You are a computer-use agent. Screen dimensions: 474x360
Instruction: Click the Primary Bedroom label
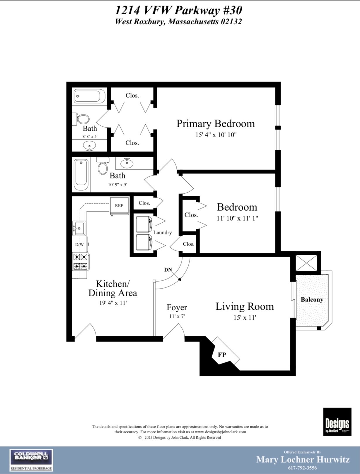tap(216, 124)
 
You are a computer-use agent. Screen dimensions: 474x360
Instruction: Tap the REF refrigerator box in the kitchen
tap(119, 206)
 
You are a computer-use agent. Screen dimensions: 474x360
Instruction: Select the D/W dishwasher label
tap(79, 244)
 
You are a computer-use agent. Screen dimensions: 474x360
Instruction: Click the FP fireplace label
tap(222, 355)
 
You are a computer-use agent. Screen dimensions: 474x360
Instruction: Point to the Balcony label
tap(312, 300)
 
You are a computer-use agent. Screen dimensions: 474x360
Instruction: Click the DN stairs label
tap(168, 270)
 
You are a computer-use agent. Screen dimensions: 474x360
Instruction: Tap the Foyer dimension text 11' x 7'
tap(177, 316)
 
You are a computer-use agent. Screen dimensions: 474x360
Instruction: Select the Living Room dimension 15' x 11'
tap(245, 318)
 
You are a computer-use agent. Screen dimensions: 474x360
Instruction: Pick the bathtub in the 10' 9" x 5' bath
tap(81, 175)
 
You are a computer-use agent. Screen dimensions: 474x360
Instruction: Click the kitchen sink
tap(79, 228)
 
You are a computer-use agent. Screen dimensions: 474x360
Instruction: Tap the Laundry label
tap(163, 233)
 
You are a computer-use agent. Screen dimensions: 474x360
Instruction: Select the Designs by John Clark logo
tap(337, 422)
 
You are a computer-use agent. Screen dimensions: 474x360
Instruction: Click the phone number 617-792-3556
tap(302, 468)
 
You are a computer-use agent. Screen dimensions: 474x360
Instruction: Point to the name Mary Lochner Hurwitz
tap(303, 459)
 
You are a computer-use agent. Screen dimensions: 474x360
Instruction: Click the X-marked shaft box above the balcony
tap(306, 263)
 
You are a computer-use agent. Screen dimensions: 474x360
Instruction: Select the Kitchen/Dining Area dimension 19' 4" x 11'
tap(113, 303)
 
